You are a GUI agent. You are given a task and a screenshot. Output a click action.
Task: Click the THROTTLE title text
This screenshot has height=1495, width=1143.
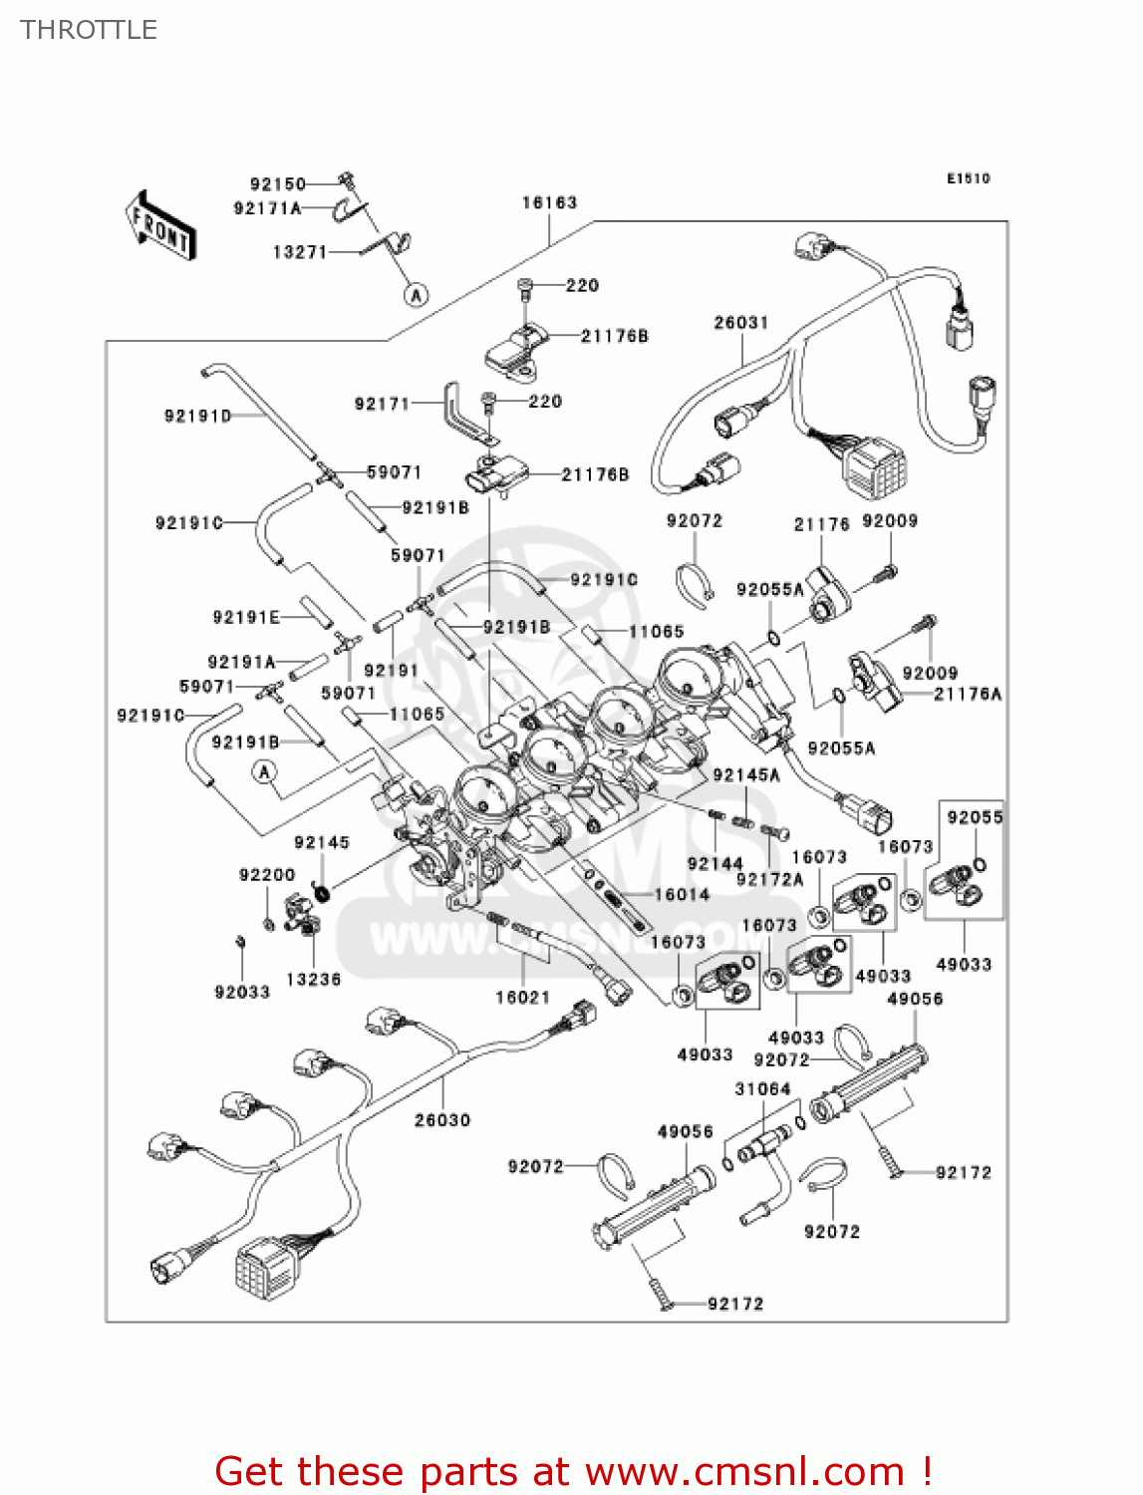(89, 30)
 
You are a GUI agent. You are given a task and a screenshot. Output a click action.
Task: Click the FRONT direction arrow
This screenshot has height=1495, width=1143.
(159, 226)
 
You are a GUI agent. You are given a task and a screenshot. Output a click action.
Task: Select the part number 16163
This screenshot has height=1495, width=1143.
(549, 203)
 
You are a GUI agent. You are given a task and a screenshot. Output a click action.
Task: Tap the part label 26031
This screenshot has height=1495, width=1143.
(740, 322)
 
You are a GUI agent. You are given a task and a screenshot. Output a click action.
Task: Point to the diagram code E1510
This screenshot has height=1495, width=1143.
(968, 178)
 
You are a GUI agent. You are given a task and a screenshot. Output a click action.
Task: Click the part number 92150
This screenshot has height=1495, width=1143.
(277, 183)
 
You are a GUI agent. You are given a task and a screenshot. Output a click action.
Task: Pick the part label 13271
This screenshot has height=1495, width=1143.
(299, 252)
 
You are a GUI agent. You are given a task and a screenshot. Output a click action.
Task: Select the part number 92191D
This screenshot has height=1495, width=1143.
(197, 416)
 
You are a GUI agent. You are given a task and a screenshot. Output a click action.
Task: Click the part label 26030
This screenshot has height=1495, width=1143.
(442, 1120)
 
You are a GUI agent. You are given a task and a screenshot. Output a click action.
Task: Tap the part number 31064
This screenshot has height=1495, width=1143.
(762, 1089)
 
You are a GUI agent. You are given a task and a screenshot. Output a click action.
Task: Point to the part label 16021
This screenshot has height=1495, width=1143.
(522, 997)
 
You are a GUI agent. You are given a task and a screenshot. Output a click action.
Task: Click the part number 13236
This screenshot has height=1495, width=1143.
(313, 980)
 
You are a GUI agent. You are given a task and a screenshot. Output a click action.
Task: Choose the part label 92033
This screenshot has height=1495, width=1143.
(242, 992)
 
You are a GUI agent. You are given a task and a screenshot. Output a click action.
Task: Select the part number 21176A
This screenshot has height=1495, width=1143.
(967, 694)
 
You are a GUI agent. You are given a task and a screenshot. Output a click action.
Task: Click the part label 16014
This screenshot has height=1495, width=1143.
(682, 895)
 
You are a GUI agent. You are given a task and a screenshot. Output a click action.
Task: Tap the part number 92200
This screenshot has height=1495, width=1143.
(267, 875)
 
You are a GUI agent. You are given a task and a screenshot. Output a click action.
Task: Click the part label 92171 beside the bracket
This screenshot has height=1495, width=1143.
(382, 404)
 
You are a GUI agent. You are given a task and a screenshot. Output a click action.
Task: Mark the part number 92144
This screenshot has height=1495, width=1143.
(714, 864)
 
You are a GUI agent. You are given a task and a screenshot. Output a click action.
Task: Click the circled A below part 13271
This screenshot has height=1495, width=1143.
(417, 294)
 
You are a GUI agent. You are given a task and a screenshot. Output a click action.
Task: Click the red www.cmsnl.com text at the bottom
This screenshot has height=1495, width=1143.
(743, 1472)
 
